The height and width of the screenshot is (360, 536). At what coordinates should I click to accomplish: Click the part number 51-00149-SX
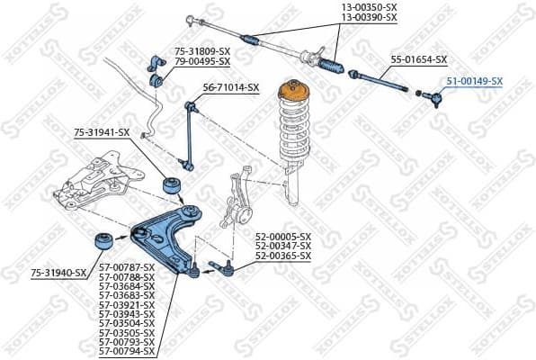tap(475, 81)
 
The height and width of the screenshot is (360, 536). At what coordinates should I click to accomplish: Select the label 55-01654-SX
tap(418, 59)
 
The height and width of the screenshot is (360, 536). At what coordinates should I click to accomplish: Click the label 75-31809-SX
tap(202, 52)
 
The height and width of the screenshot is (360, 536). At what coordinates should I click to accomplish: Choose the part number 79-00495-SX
tap(202, 61)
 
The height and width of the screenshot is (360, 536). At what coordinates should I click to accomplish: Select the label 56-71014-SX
tap(231, 87)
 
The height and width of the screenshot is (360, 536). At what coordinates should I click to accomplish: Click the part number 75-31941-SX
tap(102, 132)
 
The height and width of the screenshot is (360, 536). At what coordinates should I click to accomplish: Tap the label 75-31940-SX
tap(58, 272)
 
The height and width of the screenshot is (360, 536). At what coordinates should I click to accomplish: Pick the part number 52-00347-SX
tap(282, 246)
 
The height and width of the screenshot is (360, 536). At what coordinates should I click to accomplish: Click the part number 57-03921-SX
tap(126, 304)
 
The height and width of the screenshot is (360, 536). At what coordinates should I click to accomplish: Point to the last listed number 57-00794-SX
tap(126, 350)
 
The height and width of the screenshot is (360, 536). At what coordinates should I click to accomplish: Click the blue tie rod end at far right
tap(433, 97)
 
